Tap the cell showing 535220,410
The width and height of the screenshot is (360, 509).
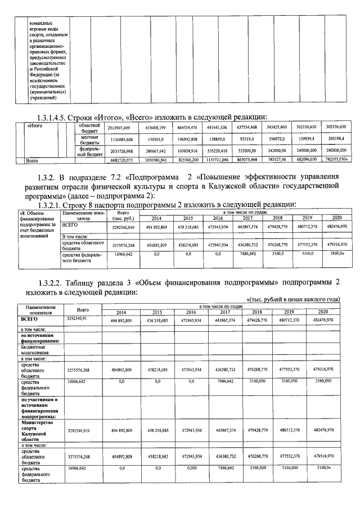pos(227,151)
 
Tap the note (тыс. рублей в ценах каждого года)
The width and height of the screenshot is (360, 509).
pos(294,299)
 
